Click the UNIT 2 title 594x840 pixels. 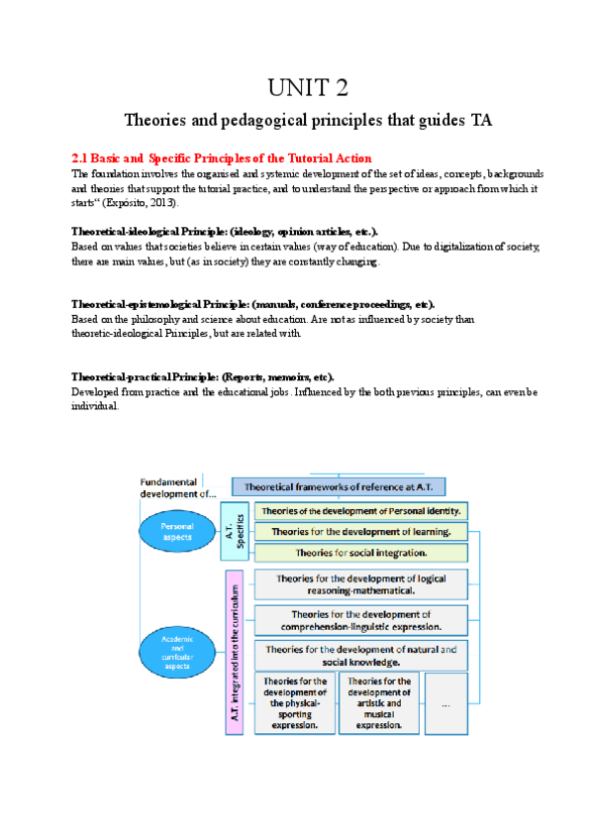click(308, 88)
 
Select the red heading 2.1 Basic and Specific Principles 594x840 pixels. click(222, 158)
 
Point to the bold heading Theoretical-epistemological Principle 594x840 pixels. click(252, 304)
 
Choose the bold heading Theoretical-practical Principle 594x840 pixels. click(203, 377)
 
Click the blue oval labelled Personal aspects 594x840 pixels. click(177, 530)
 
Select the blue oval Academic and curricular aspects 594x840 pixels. click(177, 653)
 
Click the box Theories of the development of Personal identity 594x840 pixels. click(361, 511)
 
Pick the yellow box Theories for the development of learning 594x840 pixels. click(361, 531)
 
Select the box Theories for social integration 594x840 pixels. click(361, 552)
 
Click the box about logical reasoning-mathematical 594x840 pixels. click(360, 583)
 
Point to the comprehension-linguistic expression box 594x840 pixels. click(360, 620)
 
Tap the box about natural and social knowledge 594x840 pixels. click(360, 655)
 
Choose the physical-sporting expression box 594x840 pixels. click(294, 702)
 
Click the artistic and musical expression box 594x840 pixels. click(379, 702)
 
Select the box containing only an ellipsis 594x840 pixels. click(445, 703)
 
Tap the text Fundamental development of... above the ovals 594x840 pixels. click(176, 486)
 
